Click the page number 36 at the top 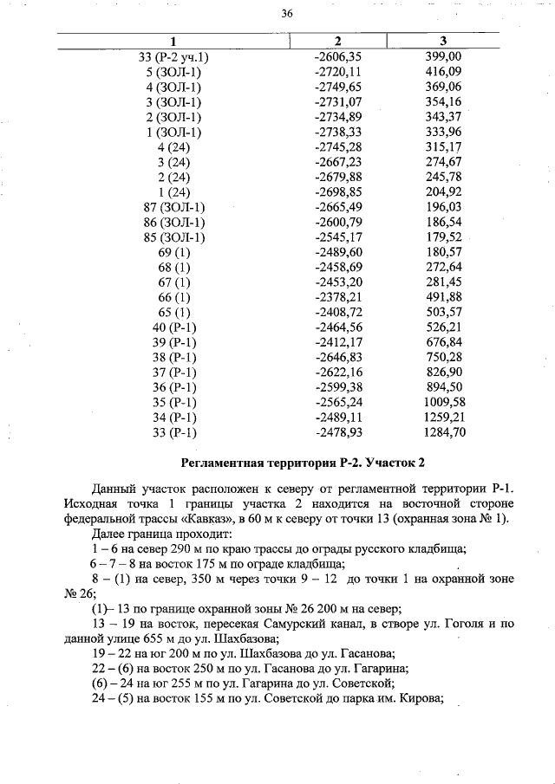(x=287, y=13)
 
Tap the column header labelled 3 (x=443, y=42)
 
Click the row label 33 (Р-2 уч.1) (x=174, y=57)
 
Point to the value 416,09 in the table (x=444, y=72)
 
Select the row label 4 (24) (x=174, y=147)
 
